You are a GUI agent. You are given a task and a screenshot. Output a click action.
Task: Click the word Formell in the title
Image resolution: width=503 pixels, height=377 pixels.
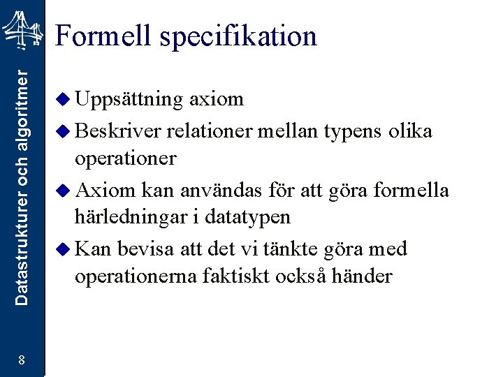pos(103,36)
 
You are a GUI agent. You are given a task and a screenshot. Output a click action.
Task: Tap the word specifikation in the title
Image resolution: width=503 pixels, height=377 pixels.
pos(238,37)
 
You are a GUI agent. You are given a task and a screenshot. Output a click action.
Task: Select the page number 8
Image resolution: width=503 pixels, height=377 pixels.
pos(22,360)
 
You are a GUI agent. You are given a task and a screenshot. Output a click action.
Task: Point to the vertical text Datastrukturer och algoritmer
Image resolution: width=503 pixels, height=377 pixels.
pos(23,185)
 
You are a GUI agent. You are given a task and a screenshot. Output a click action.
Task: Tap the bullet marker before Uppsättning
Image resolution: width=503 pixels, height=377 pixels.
pos(63,100)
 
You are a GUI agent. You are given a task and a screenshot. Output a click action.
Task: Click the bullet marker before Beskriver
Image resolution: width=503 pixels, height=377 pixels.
pos(63,130)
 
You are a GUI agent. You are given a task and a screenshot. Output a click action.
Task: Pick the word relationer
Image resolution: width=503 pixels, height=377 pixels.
pos(210,131)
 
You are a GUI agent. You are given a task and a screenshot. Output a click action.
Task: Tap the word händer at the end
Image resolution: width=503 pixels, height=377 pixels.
pos(364,277)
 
